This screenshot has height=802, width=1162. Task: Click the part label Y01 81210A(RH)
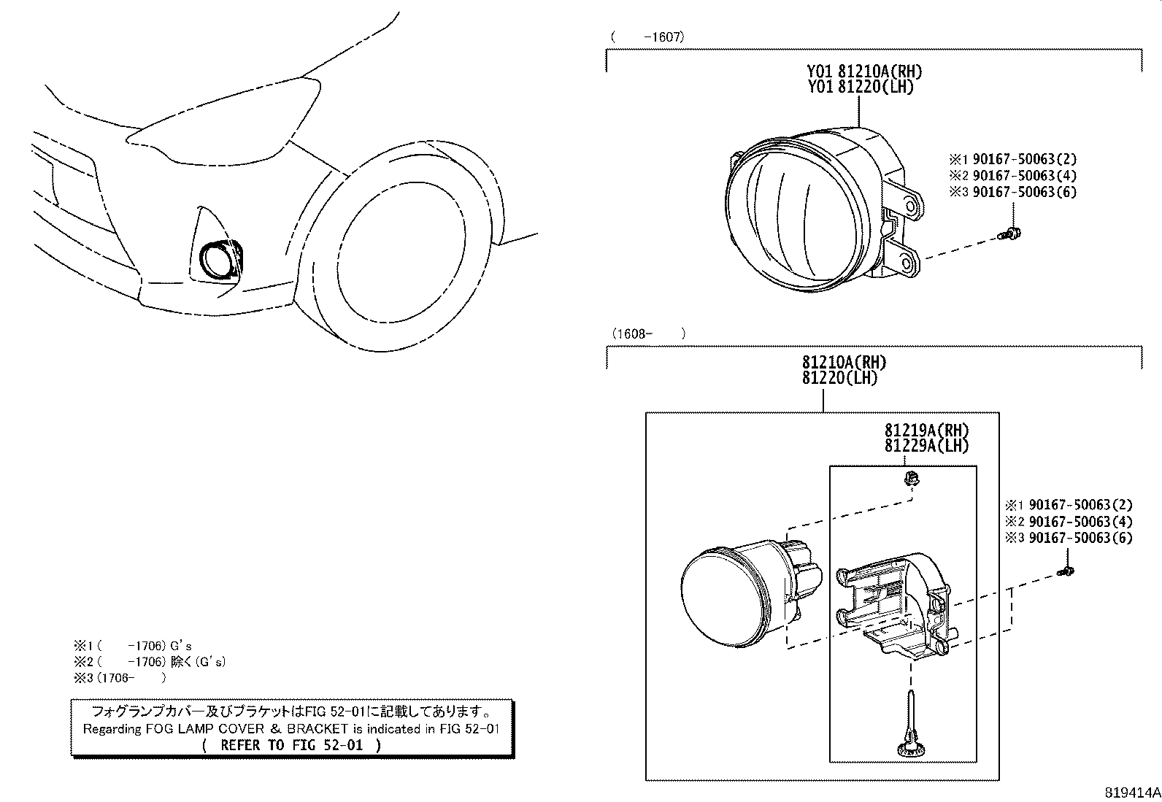point(864,72)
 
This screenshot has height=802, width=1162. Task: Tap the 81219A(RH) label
point(926,430)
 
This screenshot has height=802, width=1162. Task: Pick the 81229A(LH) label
point(926,445)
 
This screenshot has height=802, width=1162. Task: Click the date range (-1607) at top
point(647,36)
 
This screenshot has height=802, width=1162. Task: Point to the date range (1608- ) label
point(647,333)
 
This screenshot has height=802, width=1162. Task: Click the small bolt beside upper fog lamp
point(1010,234)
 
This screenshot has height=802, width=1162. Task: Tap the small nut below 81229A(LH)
point(910,479)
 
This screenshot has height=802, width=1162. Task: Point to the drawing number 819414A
point(1131,792)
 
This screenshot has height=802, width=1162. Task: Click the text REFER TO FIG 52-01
point(291,745)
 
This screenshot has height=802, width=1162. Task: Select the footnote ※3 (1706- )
point(120,678)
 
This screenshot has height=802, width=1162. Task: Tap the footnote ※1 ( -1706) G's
point(131,646)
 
